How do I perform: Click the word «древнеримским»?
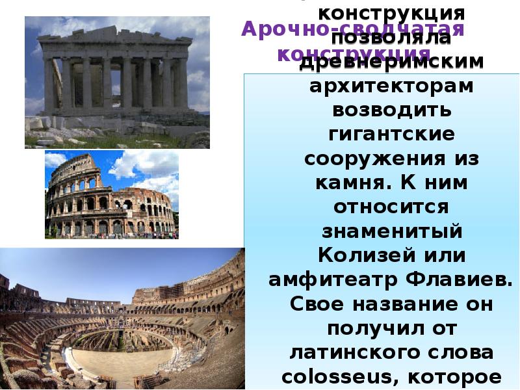[391, 62]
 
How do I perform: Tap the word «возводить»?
[391, 110]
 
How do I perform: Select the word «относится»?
[391, 206]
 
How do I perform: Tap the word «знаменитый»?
[391, 230]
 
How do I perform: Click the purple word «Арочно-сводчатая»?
[353, 29]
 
